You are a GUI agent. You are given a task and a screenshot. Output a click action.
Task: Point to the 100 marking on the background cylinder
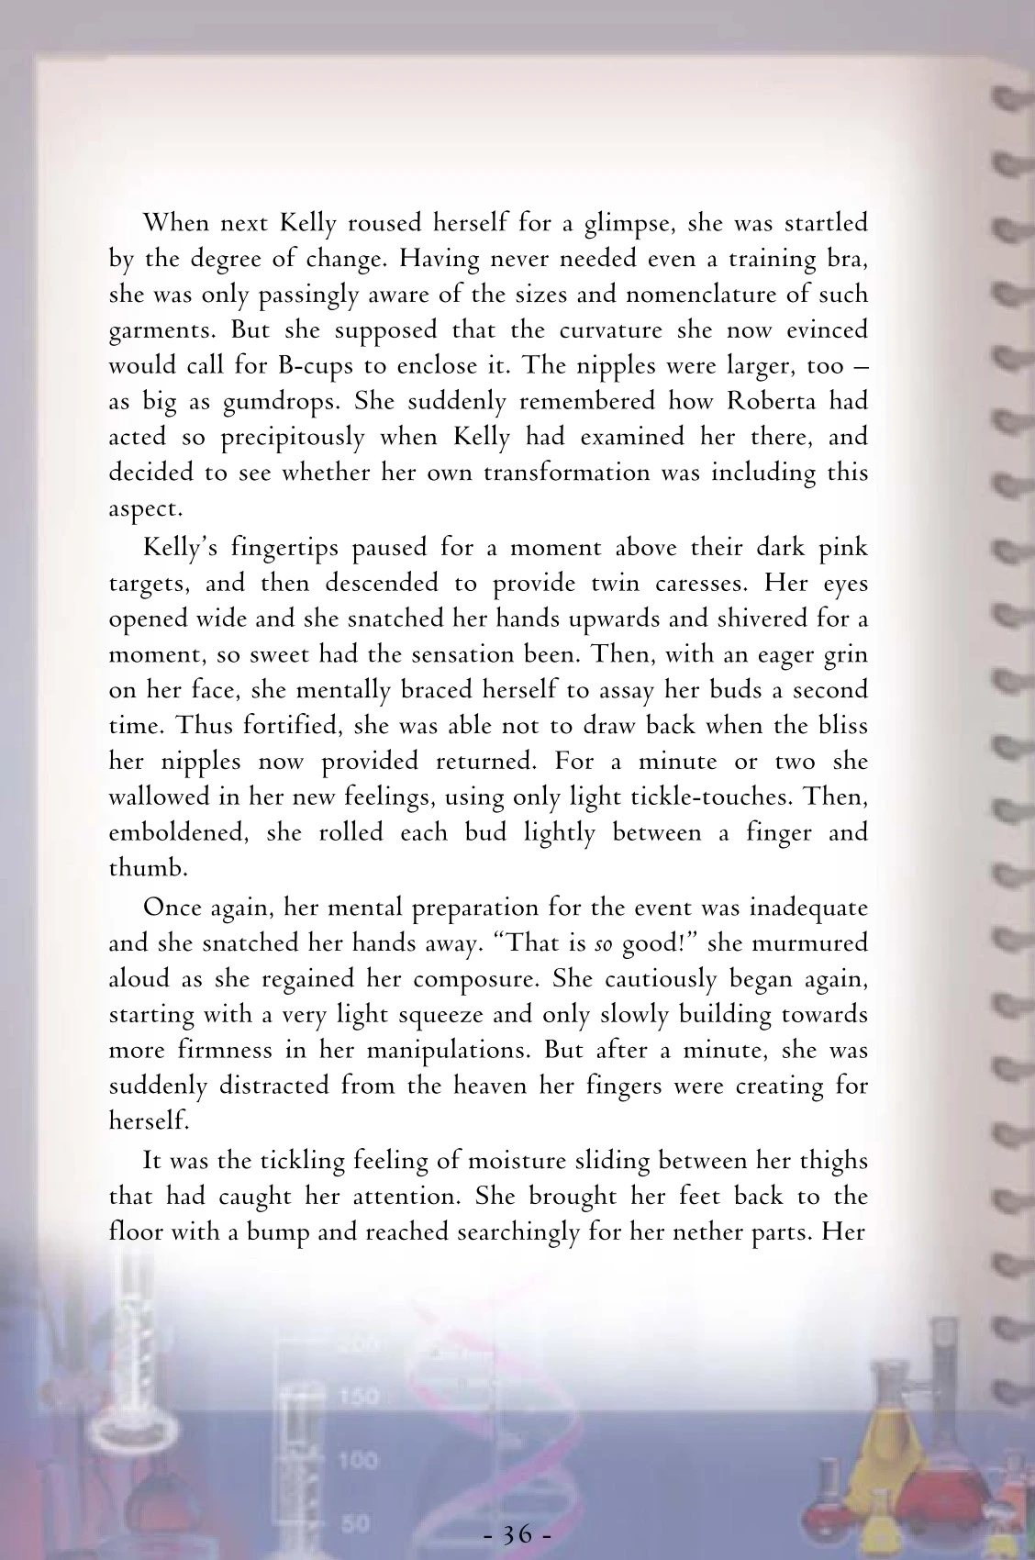(358, 1459)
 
